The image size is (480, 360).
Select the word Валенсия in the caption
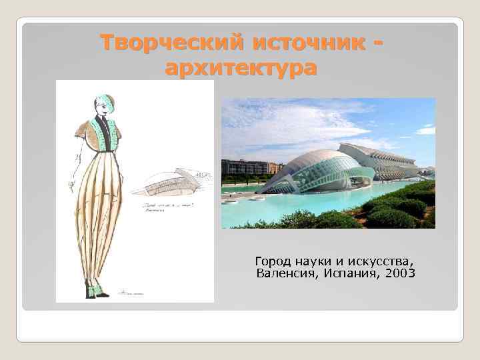285,273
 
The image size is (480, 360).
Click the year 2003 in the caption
399,273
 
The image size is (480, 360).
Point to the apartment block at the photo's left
247,168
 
